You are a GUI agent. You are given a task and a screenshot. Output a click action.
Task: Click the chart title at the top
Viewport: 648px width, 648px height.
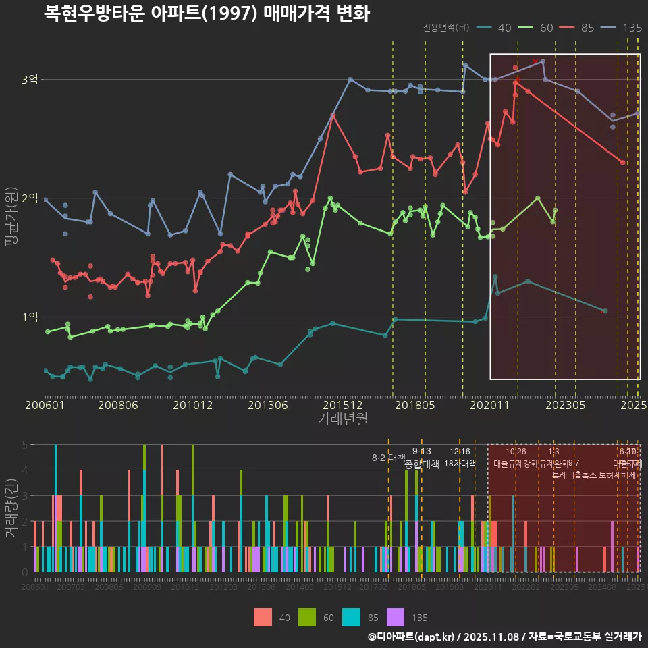coord(207,13)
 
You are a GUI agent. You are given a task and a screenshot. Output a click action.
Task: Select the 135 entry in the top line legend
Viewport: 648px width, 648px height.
coord(632,28)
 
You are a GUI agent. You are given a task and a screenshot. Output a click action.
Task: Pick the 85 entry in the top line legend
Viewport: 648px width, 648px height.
coord(587,28)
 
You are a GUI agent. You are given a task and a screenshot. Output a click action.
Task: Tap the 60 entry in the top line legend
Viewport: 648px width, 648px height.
coord(546,28)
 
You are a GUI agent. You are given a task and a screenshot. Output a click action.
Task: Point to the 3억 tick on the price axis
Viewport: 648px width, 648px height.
coord(29,80)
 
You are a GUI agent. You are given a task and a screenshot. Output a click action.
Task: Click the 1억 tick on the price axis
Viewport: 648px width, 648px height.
coord(29,317)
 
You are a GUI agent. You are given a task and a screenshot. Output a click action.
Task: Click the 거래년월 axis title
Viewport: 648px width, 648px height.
coord(342,418)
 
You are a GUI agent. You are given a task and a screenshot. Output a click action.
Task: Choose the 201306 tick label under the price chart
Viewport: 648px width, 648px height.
coord(269,406)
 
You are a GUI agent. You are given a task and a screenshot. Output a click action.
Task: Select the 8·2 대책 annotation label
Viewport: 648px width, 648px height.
coord(388,458)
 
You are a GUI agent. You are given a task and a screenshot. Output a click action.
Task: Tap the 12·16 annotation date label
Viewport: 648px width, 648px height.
coord(460,452)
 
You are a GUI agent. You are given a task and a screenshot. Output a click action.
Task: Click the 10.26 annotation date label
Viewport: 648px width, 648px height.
coord(516,452)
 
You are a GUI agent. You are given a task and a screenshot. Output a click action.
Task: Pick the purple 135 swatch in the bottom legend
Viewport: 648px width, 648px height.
coord(395,617)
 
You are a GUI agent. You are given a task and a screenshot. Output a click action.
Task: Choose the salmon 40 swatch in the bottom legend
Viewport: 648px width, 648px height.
coord(263,617)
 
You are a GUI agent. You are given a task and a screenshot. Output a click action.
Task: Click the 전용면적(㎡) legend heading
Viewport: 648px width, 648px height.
coord(446,28)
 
